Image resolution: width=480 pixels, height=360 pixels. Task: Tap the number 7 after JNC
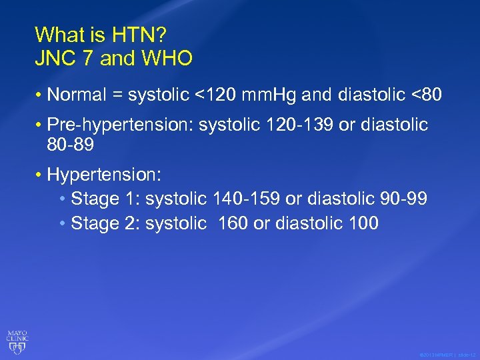89,59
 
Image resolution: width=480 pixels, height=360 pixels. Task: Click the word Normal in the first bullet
77,95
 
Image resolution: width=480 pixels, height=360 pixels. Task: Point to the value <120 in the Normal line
213,95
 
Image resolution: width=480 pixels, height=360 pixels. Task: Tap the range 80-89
71,144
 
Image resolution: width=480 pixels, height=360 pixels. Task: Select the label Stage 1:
105,199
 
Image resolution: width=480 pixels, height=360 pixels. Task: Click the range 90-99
404,199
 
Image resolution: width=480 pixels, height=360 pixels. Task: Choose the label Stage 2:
105,223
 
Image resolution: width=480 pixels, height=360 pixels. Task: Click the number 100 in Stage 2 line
363,223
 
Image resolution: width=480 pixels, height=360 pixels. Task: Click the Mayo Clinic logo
17,339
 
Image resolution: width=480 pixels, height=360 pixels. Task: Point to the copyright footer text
446,355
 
